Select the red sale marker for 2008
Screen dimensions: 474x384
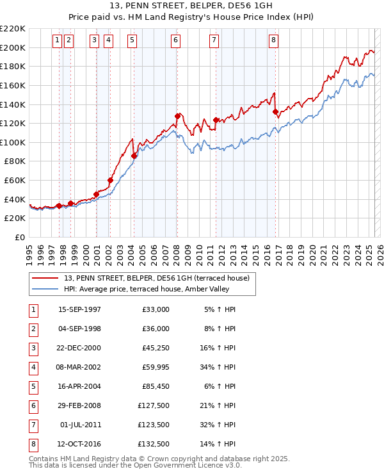[x=177, y=116]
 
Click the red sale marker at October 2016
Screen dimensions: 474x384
[x=276, y=111]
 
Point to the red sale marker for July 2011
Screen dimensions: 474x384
[x=216, y=120]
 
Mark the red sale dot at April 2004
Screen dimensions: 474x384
[x=134, y=156]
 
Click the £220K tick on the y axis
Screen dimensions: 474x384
[x=13, y=29]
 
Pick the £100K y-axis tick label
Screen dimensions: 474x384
[x=13, y=142]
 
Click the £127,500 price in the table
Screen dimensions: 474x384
[x=154, y=405]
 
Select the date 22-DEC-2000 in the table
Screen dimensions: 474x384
[x=80, y=348]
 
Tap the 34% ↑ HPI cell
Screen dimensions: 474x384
[x=220, y=367]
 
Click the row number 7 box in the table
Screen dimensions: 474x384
[x=31, y=424]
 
